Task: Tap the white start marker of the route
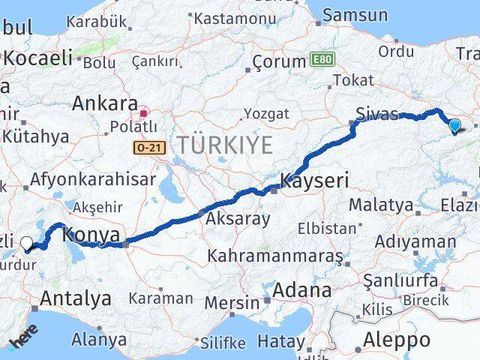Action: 27,243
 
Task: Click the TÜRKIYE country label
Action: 224,145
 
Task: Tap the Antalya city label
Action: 75,298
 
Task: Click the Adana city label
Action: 302,289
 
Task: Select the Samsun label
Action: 355,15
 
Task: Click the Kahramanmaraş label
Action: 276,256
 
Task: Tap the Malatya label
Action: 381,204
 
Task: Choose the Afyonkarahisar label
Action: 93,179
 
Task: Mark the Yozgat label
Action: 266,114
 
